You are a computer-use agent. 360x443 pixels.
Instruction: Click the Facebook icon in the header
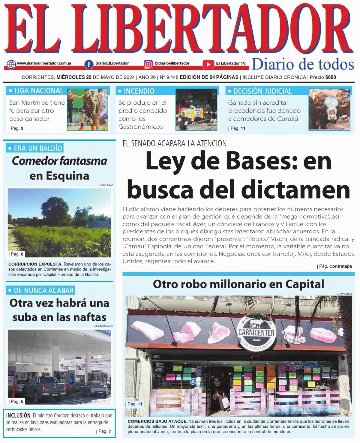89,64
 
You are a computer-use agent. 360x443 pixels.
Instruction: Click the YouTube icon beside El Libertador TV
208,64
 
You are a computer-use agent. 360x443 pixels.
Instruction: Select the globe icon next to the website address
11,64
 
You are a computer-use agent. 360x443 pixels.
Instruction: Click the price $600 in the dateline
331,77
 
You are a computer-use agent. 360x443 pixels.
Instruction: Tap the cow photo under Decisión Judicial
329,109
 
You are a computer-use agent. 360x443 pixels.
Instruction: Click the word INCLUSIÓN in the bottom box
19,415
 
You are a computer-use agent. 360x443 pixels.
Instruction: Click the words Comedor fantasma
59,161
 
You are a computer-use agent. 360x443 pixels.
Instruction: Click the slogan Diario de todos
303,64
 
